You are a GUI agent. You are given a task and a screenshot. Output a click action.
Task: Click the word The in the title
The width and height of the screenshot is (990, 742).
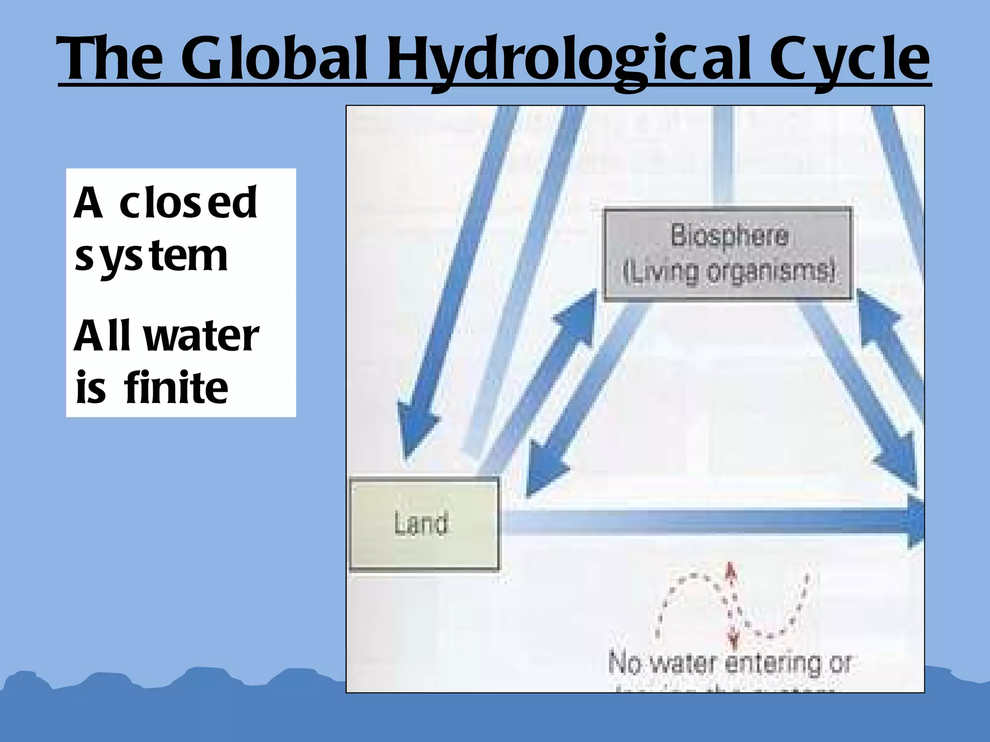(x=110, y=59)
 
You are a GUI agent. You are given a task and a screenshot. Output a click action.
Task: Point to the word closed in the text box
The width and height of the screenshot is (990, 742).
(x=188, y=203)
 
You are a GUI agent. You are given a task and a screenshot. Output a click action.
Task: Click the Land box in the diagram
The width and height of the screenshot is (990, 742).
(x=424, y=524)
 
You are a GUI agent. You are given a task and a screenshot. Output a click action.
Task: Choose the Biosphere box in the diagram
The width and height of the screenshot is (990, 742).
(x=728, y=254)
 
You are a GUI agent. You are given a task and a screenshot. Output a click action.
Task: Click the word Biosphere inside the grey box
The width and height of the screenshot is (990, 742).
(x=729, y=236)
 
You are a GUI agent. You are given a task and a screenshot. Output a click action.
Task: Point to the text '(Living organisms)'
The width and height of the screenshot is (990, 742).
(x=728, y=272)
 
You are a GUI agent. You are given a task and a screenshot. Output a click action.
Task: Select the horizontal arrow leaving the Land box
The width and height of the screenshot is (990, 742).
(x=711, y=522)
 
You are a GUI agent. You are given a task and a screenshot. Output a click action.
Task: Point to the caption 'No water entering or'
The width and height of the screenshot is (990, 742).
(x=729, y=663)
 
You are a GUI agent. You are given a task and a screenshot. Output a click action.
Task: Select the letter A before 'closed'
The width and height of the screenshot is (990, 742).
(x=88, y=203)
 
